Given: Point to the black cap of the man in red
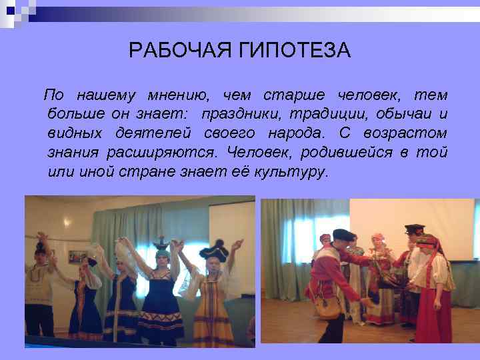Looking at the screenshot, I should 343,234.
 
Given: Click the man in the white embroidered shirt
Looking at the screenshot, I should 40,287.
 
